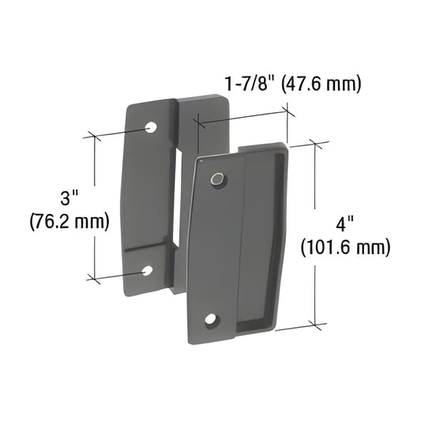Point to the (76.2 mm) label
(x=69, y=222)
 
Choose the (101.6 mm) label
(x=346, y=247)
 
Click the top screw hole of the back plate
(x=151, y=126)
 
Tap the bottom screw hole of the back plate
(x=147, y=271)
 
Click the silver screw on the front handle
(x=216, y=181)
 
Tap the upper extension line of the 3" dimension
(x=118, y=131)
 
